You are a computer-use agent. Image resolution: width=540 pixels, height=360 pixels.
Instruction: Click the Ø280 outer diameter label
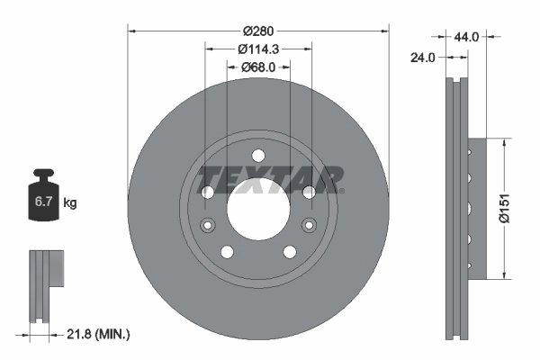259,19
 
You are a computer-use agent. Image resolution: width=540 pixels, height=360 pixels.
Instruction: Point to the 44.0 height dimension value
466,37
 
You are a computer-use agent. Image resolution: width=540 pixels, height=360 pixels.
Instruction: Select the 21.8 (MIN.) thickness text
98,334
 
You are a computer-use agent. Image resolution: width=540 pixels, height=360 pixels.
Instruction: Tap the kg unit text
70,204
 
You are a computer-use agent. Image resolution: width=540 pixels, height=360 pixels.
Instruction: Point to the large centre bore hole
258,209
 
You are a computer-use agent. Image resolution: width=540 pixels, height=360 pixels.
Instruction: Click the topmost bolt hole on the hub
258,154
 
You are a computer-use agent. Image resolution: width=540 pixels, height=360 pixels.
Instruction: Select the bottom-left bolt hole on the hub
227,251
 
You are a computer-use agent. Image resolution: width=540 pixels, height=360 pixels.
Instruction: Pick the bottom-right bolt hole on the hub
290,251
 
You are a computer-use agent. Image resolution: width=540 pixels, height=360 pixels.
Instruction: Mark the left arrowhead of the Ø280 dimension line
132,31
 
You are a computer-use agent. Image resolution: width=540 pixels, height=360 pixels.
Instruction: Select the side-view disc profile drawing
460,209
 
